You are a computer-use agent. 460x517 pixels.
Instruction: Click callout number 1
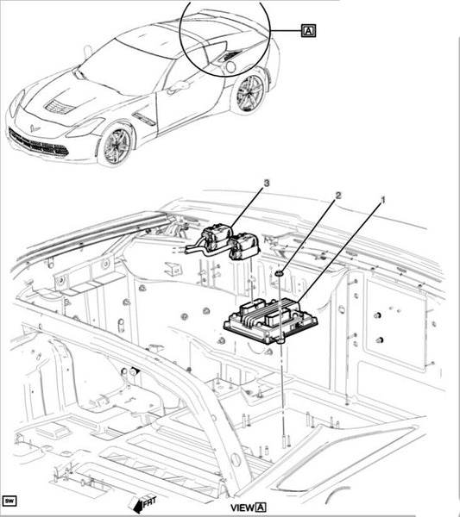[383, 200]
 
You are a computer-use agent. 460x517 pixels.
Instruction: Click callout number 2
[337, 196]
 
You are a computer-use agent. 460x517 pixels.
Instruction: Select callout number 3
[267, 183]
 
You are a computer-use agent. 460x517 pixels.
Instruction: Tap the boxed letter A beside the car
[308, 31]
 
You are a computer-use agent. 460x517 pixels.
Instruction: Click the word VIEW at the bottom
[243, 508]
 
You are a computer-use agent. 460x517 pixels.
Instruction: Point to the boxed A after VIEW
[261, 508]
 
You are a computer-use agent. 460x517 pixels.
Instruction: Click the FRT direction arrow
[143, 504]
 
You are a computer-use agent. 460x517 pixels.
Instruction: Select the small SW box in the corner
[9, 501]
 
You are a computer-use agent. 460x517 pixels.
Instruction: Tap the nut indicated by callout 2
[280, 273]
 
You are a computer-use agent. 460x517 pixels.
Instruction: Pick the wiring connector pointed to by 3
[231, 242]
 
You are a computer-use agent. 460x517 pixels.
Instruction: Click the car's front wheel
[117, 145]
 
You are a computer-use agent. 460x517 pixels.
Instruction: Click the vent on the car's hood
[60, 106]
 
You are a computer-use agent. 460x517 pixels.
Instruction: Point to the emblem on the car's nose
[34, 128]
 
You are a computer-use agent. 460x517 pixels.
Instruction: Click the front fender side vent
[144, 118]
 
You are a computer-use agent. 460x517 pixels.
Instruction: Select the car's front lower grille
[39, 143]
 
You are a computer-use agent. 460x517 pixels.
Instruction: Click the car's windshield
[125, 66]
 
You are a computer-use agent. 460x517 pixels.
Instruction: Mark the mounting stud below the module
[283, 441]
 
